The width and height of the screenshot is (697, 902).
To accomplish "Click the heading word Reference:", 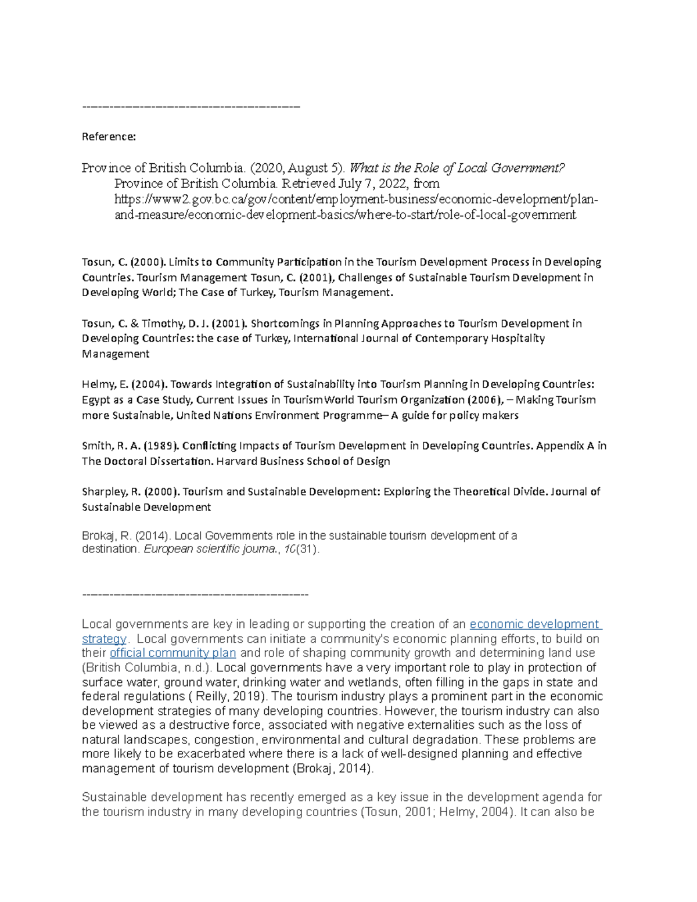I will (x=109, y=137).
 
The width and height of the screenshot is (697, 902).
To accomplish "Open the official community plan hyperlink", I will (x=173, y=653).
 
